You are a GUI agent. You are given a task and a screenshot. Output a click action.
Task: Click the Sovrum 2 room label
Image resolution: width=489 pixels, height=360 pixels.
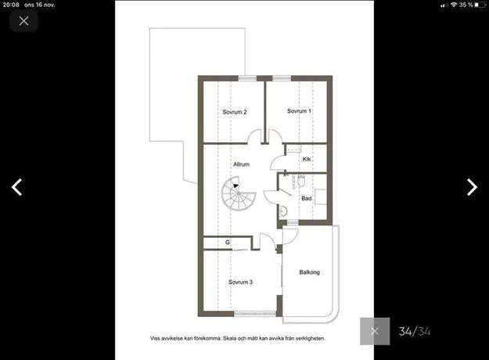(x=235, y=112)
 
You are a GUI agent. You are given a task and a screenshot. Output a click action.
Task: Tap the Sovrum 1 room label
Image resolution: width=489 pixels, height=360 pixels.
(x=299, y=111)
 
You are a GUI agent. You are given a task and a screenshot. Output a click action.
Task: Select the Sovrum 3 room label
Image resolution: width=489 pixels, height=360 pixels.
(x=240, y=282)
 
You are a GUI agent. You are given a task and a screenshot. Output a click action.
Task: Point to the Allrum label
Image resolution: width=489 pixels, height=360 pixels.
(x=242, y=164)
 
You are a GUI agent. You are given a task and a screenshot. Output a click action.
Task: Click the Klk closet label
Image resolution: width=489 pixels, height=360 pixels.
(x=307, y=159)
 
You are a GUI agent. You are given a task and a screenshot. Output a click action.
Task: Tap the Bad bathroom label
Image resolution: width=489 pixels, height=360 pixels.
(x=306, y=199)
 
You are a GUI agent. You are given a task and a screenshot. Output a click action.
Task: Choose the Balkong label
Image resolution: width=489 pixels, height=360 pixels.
(x=309, y=272)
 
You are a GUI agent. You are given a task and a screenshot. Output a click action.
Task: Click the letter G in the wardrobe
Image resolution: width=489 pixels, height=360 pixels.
(x=228, y=242)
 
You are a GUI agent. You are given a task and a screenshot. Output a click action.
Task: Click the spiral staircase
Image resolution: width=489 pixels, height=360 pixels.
(x=239, y=194)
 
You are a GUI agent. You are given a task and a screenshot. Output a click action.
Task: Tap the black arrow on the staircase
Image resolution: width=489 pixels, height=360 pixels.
(x=236, y=186)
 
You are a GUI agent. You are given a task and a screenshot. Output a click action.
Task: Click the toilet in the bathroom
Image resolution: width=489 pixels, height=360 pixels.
(x=301, y=181)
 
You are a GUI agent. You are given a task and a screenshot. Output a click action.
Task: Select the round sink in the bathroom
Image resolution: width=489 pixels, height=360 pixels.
(x=283, y=211)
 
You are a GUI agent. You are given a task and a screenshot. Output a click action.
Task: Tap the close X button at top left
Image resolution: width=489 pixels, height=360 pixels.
(x=23, y=21)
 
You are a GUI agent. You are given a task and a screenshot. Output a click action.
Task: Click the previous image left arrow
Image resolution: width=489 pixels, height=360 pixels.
(x=17, y=187)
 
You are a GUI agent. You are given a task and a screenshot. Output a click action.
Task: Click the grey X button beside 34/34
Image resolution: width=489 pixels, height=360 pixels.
(x=375, y=331)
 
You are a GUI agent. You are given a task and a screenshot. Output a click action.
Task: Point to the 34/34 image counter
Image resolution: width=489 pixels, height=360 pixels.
(x=415, y=331)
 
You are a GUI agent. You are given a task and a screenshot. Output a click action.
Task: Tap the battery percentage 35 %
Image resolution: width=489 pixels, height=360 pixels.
(x=466, y=5)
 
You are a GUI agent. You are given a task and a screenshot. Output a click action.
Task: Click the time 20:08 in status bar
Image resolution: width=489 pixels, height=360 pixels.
(x=11, y=5)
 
